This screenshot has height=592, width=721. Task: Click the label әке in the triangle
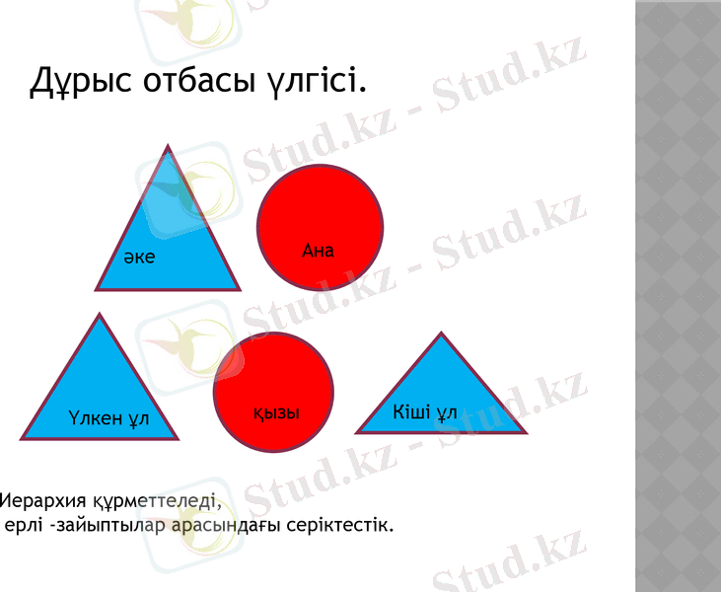[139, 258]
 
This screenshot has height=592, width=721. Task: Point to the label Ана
[318, 251]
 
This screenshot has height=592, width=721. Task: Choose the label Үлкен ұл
[109, 418]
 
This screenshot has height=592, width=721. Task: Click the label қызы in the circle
[275, 412]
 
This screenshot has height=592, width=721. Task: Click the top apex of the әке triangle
[169, 147]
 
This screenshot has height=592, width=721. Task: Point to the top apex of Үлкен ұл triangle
[99, 315]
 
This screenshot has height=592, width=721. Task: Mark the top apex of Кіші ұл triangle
[439, 333]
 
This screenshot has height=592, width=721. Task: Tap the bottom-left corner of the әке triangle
[97, 289]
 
